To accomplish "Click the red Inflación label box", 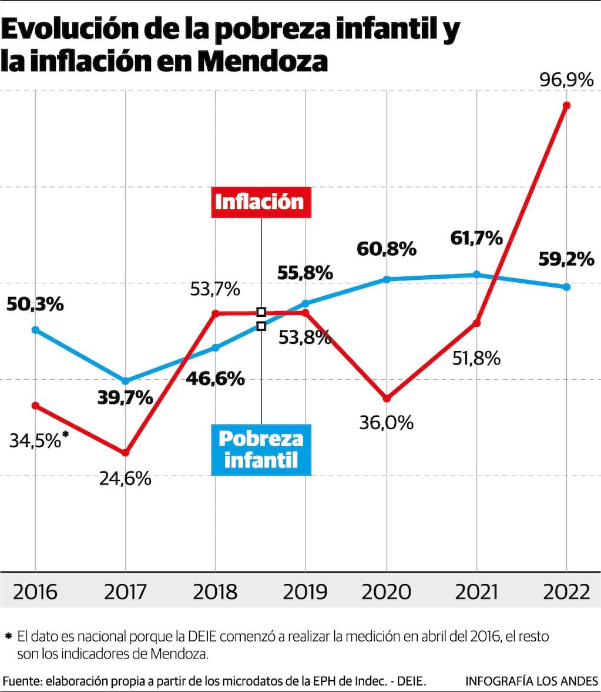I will point(260,202).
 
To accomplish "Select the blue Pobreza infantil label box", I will point(260,449).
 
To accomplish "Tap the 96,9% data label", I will point(566,79).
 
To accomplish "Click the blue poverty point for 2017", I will point(125,381).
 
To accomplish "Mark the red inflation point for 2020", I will point(387,399).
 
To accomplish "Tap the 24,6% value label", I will point(125,479).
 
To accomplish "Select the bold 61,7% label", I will point(476,238).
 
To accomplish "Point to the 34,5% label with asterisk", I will point(39,440).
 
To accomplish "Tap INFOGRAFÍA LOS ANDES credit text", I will point(531,681).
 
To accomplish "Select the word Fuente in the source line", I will point(21,681).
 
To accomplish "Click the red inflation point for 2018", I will point(216,313).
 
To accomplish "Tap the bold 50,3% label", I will point(35,305).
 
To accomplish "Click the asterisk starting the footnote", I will point(8,636).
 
